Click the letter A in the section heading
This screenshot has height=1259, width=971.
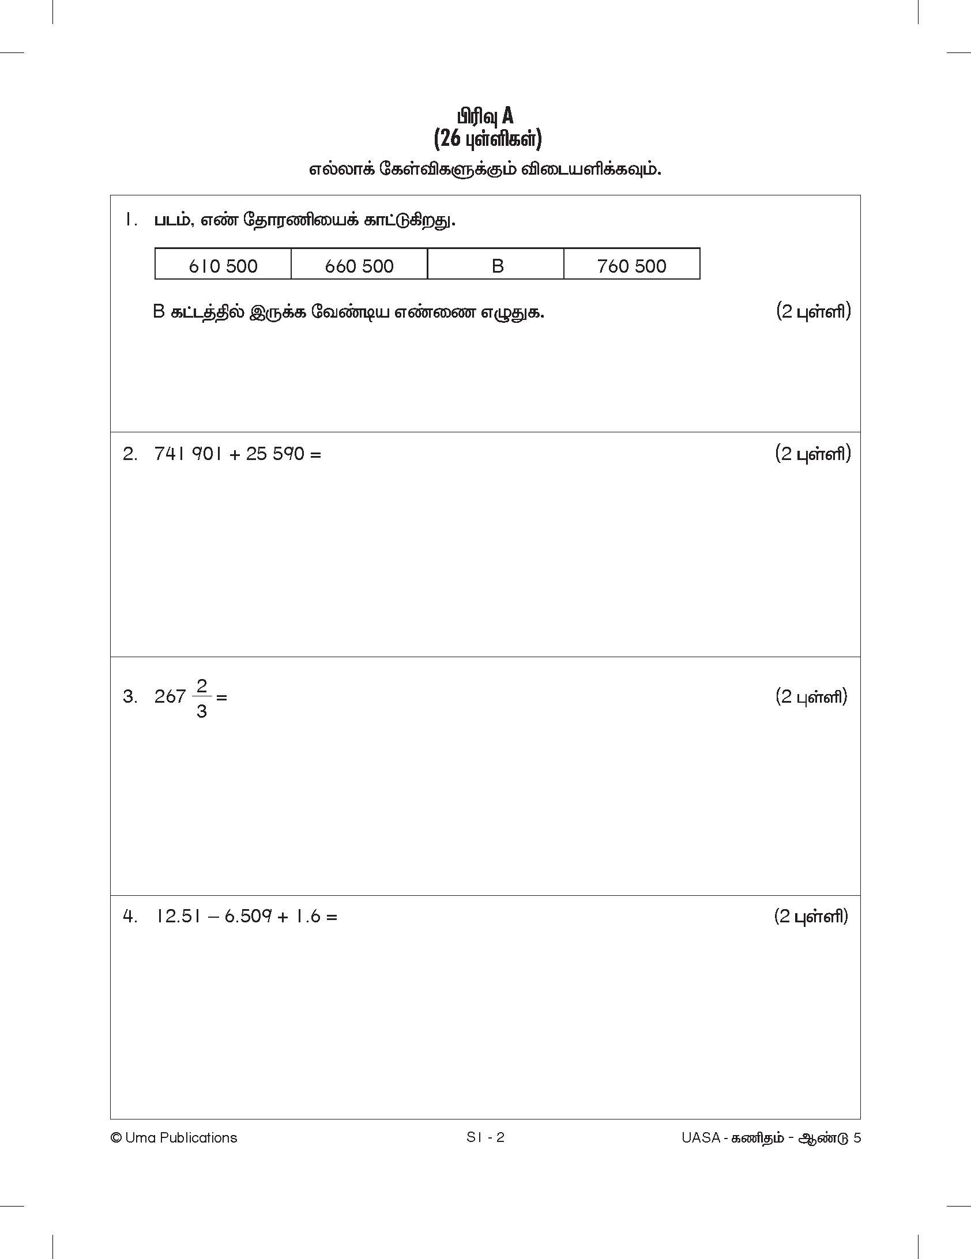507,116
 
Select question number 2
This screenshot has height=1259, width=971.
130,454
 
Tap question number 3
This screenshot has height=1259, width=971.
130,697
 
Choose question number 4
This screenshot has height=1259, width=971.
130,916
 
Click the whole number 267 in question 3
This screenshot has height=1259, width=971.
170,697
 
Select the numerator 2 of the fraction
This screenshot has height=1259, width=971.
201,685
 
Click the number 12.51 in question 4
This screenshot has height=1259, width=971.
178,916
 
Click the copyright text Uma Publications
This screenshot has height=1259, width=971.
174,1137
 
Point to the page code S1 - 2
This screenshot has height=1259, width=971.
485,1137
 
